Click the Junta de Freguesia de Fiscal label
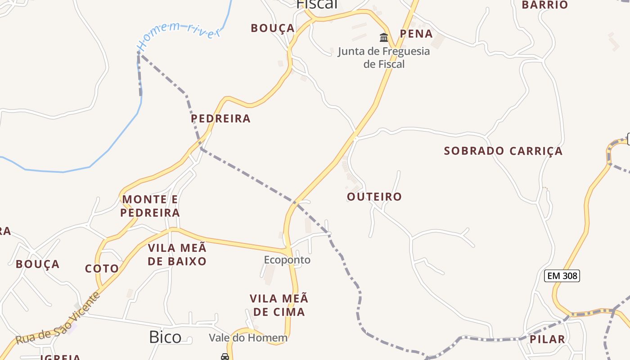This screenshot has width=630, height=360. click(384, 58)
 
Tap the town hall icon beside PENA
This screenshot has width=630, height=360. click(384, 37)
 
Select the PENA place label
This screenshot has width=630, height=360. click(416, 34)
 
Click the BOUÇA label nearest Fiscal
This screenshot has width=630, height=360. click(273, 28)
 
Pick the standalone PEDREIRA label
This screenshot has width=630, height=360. click(220, 119)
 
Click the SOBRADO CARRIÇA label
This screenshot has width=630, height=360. click(503, 151)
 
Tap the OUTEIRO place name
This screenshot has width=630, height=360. click(374, 197)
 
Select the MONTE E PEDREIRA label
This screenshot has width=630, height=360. click(150, 206)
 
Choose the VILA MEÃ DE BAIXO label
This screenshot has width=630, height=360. click(177, 254)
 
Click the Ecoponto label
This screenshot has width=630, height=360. click(287, 260)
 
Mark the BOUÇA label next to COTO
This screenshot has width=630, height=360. click(37, 264)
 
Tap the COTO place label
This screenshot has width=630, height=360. click(102, 269)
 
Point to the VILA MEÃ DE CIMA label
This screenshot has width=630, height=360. click(279, 305)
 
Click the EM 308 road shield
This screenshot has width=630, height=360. click(562, 276)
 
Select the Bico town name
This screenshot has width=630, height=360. click(165, 337)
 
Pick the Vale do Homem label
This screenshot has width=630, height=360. click(248, 338)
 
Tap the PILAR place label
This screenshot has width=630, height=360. click(547, 339)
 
